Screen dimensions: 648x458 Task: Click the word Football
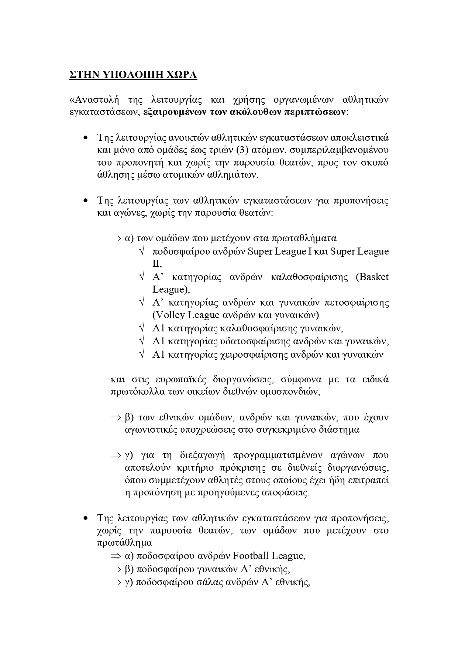251,556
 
